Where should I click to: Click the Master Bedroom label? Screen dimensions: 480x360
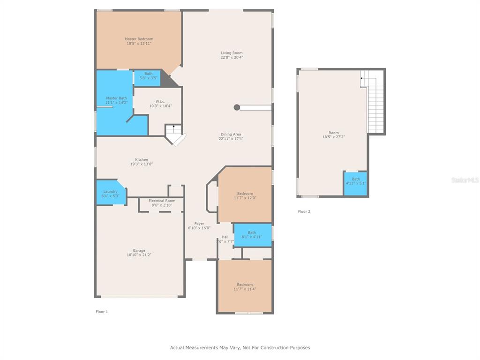pyautogui.click(x=139, y=39)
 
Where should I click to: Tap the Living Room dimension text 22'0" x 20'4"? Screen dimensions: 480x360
pyautogui.click(x=232, y=57)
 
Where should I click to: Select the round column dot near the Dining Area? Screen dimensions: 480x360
pyautogui.click(x=237, y=107)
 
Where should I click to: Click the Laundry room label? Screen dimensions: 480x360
pyautogui.click(x=110, y=191)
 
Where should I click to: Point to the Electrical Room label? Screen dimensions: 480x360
pyautogui.click(x=162, y=201)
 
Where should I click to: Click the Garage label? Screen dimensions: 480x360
pyautogui.click(x=139, y=250)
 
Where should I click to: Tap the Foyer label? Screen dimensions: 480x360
pyautogui.click(x=199, y=224)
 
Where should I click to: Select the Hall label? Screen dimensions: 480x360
pyautogui.click(x=225, y=237)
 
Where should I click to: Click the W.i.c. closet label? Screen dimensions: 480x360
pyautogui.click(x=160, y=101)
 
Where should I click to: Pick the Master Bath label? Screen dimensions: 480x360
pyautogui.click(x=116, y=98)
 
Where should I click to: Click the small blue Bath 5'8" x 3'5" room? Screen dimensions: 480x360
pyautogui.click(x=147, y=78)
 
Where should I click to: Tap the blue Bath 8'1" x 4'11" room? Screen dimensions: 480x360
pyautogui.click(x=253, y=235)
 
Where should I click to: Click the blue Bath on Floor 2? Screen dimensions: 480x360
pyautogui.click(x=356, y=184)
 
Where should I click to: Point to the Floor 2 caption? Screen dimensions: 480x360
pyautogui.click(x=304, y=211)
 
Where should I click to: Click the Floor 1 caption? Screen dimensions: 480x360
pyautogui.click(x=102, y=312)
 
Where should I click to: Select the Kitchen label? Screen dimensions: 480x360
pyautogui.click(x=142, y=159)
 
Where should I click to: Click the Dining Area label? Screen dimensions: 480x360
pyautogui.click(x=231, y=135)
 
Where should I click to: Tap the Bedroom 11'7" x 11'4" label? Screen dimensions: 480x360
pyautogui.click(x=245, y=287)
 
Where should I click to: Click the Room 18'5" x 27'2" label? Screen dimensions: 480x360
pyautogui.click(x=334, y=135)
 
